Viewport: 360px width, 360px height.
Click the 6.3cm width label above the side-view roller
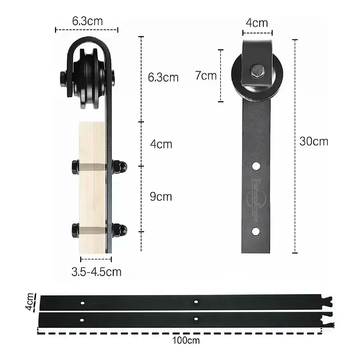coord(87,21)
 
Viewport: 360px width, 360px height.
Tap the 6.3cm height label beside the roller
coord(163,77)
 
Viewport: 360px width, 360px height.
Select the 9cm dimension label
coord(161,196)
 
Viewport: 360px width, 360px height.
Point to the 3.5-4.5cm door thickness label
coord(96,272)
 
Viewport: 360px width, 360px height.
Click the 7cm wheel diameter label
coord(206,75)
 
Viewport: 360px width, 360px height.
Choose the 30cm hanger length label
coord(314,141)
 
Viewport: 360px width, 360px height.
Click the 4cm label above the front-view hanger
coord(257,22)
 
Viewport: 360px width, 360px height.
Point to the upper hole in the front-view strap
coord(256,166)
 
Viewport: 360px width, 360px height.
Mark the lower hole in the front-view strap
coord(256,231)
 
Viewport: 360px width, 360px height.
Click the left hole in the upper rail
coord(83,302)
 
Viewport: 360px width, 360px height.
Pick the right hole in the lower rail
coord(196,318)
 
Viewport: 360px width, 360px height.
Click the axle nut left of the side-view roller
coord(63,78)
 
